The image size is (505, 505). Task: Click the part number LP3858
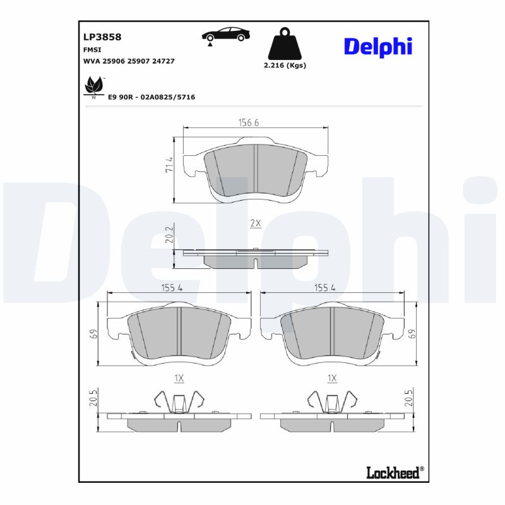point(102,37)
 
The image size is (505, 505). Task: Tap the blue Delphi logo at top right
point(377,46)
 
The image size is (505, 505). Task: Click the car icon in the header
point(223,35)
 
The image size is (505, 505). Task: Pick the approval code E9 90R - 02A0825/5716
point(151,97)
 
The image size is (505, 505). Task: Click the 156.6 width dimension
point(249,122)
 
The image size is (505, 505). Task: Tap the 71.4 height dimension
point(169,165)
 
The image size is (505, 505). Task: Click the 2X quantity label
point(255,223)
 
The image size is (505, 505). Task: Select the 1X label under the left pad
point(179,378)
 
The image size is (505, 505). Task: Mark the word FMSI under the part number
point(93,49)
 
